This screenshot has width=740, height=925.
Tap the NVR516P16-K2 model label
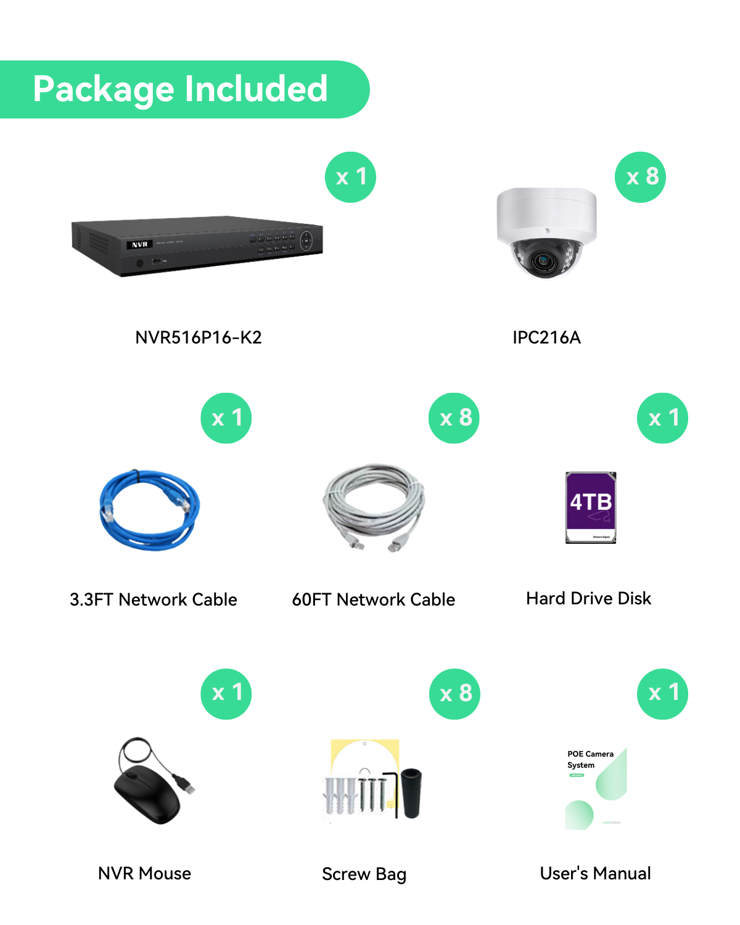pos(199,337)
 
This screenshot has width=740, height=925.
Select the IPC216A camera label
pos(546,337)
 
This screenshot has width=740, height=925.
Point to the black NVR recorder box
pos(197,245)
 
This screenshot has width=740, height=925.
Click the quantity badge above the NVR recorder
pos(350,177)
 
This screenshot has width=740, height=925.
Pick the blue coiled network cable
pos(150,510)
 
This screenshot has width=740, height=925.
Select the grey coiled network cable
pos(374,507)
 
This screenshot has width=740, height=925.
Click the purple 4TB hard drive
pos(591,508)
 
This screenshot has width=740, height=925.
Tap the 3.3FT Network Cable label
pos(154,599)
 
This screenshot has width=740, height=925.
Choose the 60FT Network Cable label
pos(374,599)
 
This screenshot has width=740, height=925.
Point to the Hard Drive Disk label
pos(589,598)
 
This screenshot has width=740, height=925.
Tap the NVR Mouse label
pos(145,873)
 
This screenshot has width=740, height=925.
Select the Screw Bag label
pos(364,874)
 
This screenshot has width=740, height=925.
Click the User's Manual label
pos(596,873)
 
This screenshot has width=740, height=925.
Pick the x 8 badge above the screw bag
pos(455,694)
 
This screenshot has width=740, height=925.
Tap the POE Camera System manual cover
pos(596,789)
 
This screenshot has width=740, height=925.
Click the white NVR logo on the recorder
pos(140,245)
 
